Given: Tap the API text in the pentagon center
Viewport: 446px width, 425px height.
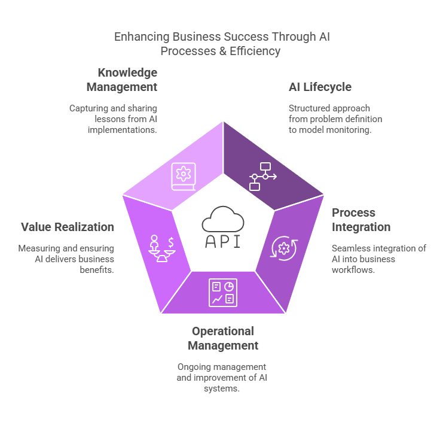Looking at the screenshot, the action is point(223,242).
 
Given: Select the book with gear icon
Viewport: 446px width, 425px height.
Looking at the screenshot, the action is point(184,177).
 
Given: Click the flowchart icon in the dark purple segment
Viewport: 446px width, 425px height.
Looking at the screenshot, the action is point(263,177).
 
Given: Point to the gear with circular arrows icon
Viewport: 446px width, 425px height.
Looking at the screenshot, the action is point(283,248).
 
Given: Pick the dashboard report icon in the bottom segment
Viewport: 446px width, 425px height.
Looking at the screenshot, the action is point(223,293).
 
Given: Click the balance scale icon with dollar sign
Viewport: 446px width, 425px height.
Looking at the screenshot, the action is point(162,248).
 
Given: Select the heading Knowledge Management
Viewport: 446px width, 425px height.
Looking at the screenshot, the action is point(122,80).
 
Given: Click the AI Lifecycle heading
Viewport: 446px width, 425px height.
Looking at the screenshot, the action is point(320,87).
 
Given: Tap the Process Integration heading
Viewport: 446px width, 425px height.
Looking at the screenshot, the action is point(361,220).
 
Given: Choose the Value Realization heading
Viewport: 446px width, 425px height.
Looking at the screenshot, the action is point(68,227).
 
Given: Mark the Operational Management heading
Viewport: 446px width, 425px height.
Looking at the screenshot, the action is point(223,338).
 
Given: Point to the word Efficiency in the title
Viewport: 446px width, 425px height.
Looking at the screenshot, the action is point(255,51).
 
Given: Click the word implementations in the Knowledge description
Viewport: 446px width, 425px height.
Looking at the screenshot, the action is point(123,130).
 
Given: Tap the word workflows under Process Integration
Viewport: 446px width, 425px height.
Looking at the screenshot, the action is point(353,270).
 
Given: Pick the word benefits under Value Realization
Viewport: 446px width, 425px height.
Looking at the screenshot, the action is point(97,270).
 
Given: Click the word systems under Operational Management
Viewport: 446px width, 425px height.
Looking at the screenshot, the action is point(222,388).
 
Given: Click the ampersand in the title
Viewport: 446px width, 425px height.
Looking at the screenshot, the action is point(223,51).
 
